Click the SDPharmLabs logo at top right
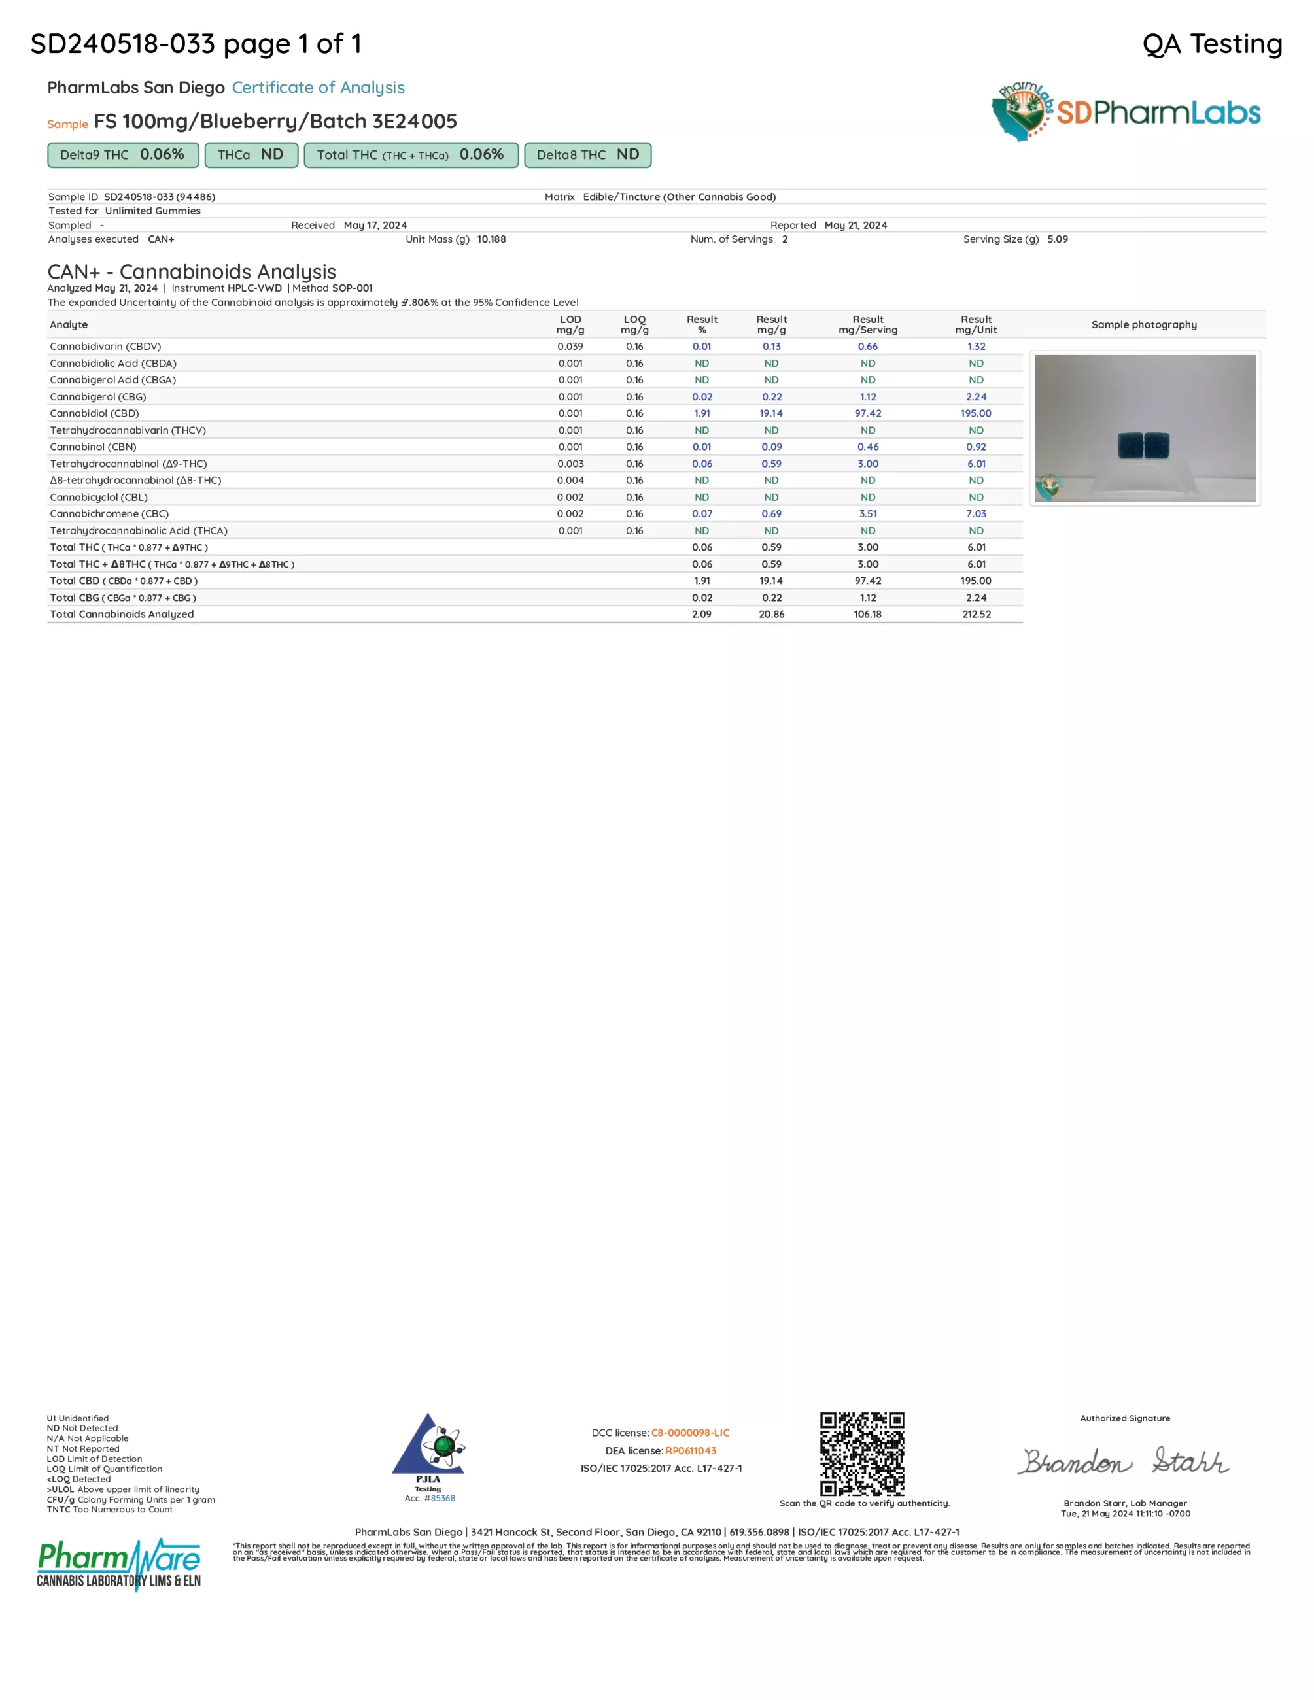1126,112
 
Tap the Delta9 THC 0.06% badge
123,155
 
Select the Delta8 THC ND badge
588,155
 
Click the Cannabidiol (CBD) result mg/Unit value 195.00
975,413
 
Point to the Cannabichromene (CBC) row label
109,514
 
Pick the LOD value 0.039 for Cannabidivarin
570,347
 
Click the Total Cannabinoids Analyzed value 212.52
976,614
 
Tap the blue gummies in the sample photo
1143,446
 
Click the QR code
862,1453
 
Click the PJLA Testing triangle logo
428,1446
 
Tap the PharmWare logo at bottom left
119,1563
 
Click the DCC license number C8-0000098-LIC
689,1433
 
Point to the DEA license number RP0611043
691,1451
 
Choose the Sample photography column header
1143,324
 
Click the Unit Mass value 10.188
491,239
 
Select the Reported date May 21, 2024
856,225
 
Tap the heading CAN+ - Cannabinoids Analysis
192,271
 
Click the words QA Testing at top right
1211,44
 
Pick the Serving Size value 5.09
1057,239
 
